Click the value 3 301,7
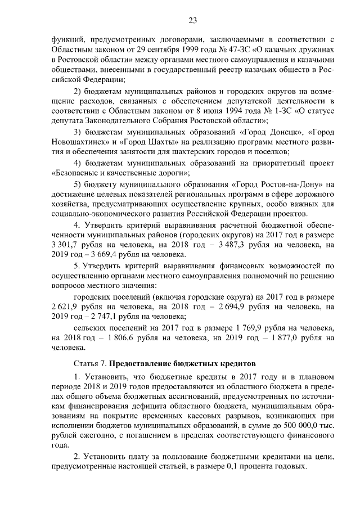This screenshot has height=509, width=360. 65,245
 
